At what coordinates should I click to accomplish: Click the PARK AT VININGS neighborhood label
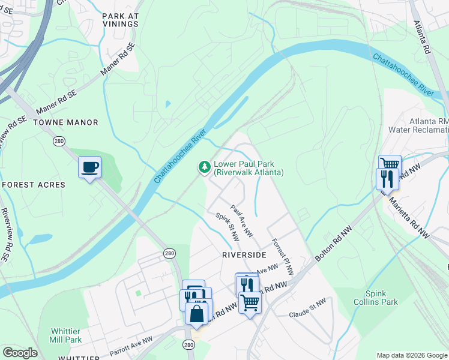[x=120, y=20]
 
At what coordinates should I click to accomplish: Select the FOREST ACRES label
[x=33, y=185]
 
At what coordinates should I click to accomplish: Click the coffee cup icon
[x=90, y=167]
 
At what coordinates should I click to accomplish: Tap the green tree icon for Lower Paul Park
[x=205, y=166]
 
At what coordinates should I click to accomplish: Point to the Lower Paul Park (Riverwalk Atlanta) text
[x=249, y=167]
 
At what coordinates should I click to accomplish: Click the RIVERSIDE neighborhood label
[x=244, y=255]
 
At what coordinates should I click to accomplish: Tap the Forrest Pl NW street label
[x=282, y=257]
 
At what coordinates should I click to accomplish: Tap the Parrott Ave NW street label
[x=131, y=345]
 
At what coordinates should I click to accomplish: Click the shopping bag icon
[x=197, y=313]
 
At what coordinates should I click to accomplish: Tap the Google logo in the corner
[x=20, y=352]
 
